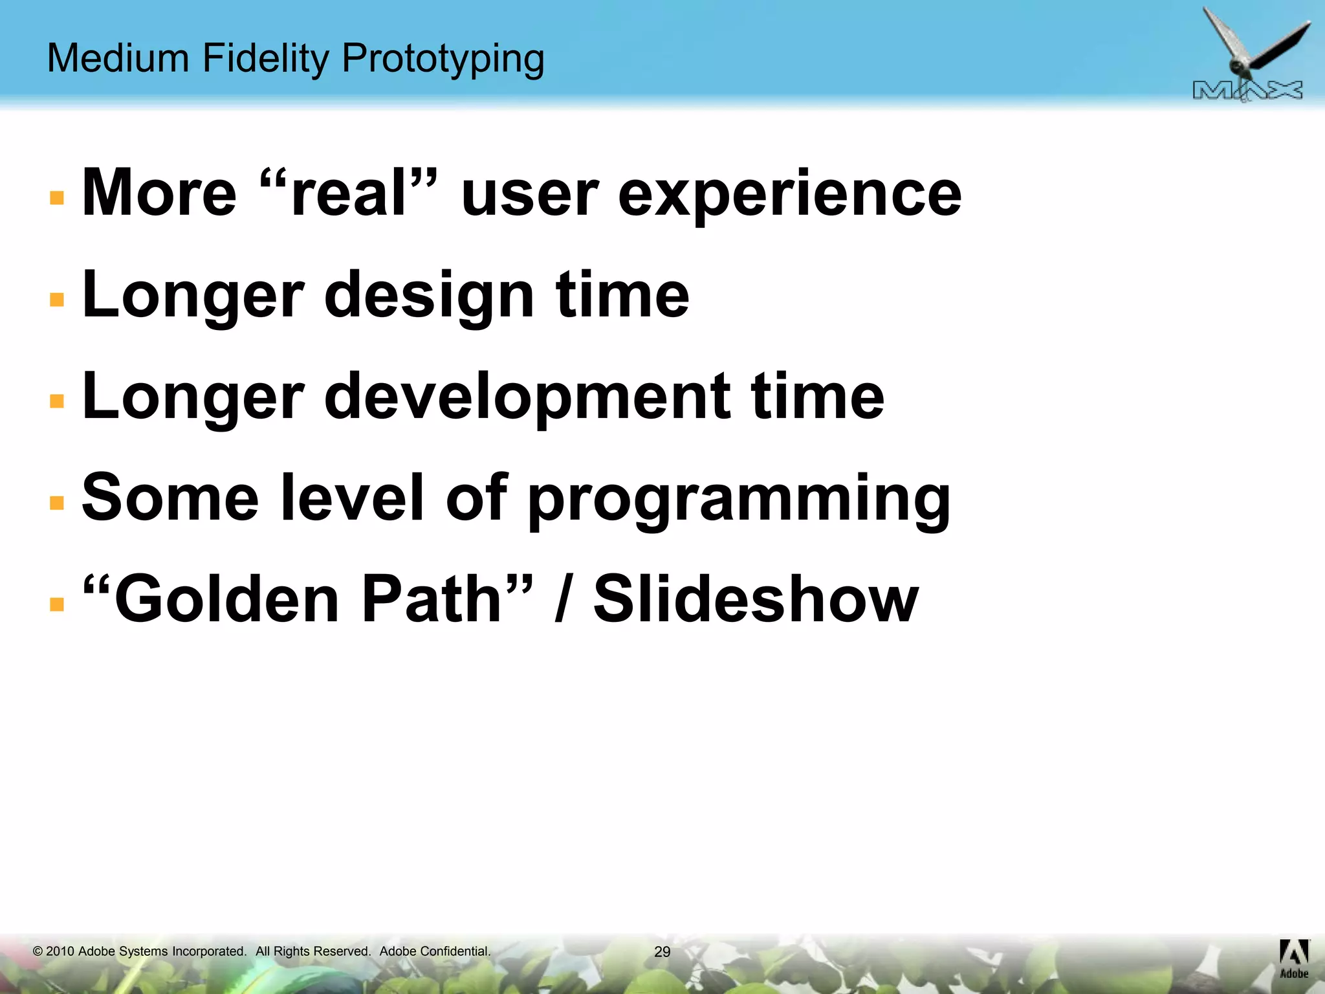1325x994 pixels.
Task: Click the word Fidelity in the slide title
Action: tap(266, 58)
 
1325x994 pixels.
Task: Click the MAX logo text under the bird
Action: tap(1247, 91)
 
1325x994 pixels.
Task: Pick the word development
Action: tap(527, 397)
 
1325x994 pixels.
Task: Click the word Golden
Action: tap(226, 599)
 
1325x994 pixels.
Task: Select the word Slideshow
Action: tap(755, 599)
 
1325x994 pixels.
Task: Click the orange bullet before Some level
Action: tap(57, 503)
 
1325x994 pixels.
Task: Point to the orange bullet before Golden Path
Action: tap(57, 604)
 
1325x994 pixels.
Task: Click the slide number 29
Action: tap(662, 952)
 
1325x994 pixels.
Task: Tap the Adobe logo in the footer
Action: tap(1293, 958)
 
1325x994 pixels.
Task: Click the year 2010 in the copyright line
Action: tap(60, 951)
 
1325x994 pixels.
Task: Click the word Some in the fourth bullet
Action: tap(170, 498)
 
